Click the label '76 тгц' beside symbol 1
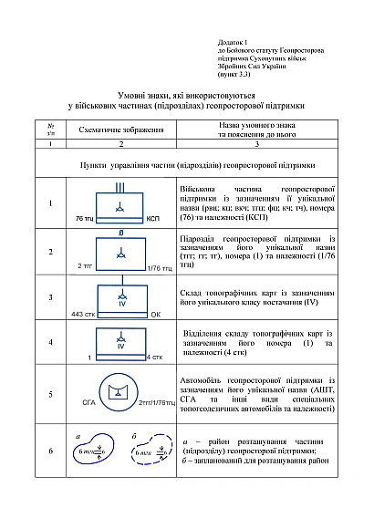pyautogui.click(x=85, y=220)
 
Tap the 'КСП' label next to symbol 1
pyautogui.click(x=153, y=220)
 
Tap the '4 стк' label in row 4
pyautogui.click(x=154, y=358)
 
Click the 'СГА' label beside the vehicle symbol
pyautogui.click(x=88, y=401)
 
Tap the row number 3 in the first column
pyautogui.click(x=50, y=297)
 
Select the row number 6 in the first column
pyautogui.click(x=50, y=451)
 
